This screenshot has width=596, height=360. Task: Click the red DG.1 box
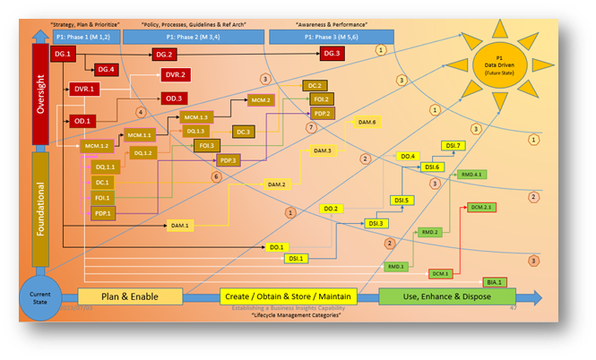coord(62,56)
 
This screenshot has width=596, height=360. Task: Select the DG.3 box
coord(331,55)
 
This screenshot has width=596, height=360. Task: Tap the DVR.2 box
coord(175,75)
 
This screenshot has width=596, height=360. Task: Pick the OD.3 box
coord(174,99)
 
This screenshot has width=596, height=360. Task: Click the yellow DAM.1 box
coord(180,227)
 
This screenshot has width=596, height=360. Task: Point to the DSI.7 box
coord(453,145)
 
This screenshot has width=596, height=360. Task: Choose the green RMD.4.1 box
coord(471,174)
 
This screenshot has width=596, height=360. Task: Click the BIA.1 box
coord(496,282)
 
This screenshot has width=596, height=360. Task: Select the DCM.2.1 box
coord(481,207)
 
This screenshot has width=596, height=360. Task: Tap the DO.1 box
coord(277,246)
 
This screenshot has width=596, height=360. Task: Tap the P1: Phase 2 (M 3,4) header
coord(190,37)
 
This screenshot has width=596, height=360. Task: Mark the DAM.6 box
coord(367,122)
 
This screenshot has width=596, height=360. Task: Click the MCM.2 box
coord(261,100)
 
